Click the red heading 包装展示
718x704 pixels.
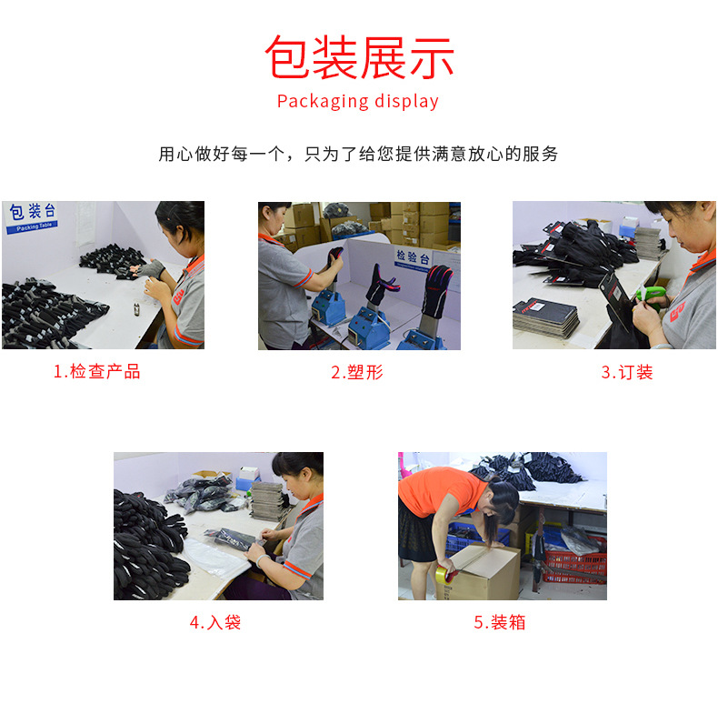(x=359, y=56)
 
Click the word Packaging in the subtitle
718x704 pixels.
(x=316, y=101)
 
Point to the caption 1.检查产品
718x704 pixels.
(x=96, y=372)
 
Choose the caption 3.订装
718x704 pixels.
(x=626, y=372)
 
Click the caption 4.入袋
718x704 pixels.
(x=215, y=623)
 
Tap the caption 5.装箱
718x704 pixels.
(x=500, y=623)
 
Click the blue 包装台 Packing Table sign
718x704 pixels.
(x=33, y=217)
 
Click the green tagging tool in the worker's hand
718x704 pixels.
(x=651, y=295)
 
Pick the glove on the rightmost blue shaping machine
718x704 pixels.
(x=438, y=289)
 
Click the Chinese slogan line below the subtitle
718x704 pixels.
(x=358, y=154)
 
